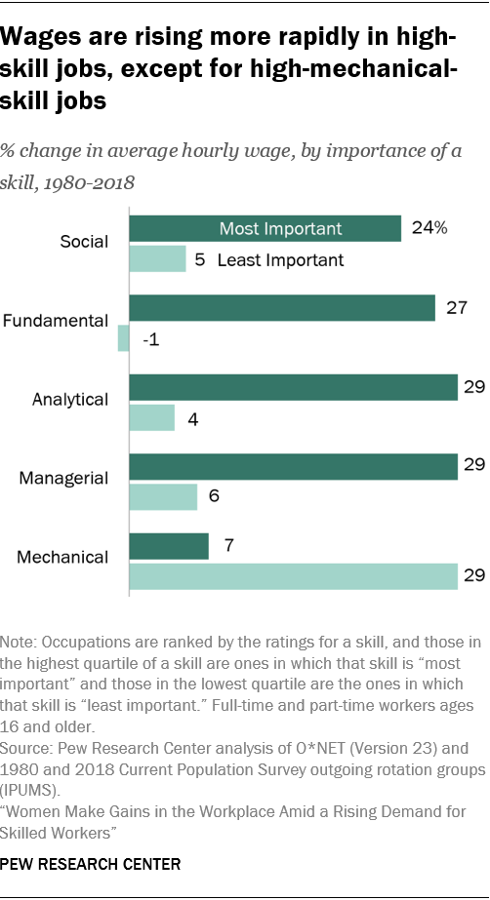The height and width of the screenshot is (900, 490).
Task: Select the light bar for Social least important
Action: (157, 259)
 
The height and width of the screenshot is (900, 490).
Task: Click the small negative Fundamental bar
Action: (123, 338)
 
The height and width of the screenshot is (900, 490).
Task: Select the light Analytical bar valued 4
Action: (151, 418)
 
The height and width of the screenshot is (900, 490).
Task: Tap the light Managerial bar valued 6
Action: (163, 497)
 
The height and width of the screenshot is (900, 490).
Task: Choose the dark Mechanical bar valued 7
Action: (169, 546)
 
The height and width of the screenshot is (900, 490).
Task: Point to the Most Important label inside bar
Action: (280, 228)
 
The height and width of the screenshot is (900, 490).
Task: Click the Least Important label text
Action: (280, 259)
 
